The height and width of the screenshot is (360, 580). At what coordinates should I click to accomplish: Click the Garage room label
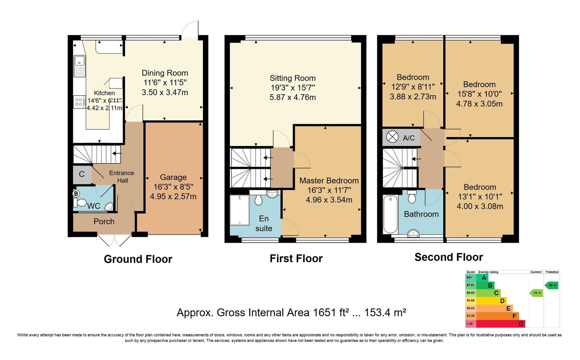tap(173, 177)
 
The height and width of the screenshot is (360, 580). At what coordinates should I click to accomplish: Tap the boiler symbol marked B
tap(76, 194)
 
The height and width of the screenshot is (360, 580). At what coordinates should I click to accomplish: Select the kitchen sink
tap(79, 66)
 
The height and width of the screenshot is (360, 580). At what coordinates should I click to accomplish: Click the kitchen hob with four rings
tap(79, 102)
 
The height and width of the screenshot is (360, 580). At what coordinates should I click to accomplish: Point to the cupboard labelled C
tap(82, 175)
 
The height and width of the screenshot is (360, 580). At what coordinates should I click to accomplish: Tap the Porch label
tap(104, 222)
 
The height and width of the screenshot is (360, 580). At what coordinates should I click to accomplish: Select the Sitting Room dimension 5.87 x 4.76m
tap(293, 98)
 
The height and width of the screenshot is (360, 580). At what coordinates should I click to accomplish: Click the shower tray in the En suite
tap(240, 210)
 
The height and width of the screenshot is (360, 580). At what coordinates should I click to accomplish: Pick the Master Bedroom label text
tap(329, 181)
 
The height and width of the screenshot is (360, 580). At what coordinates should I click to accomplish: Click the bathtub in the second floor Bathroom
tap(390, 215)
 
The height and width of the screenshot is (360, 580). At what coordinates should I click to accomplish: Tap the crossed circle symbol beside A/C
tap(392, 137)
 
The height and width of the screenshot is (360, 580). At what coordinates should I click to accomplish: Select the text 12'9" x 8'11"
tap(413, 87)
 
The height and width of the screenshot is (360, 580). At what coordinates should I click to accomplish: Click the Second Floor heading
tap(449, 257)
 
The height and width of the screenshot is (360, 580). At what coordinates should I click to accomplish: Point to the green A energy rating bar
tap(482, 278)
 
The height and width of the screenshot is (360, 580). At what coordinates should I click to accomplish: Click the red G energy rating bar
tap(501, 324)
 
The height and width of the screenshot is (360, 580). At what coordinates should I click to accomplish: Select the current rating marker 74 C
tap(536, 293)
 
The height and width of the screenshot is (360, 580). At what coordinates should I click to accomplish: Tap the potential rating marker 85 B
tap(551, 285)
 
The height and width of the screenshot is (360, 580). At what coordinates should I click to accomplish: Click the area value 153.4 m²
tap(385, 313)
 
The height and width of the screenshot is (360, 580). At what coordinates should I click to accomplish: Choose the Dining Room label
tap(165, 73)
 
